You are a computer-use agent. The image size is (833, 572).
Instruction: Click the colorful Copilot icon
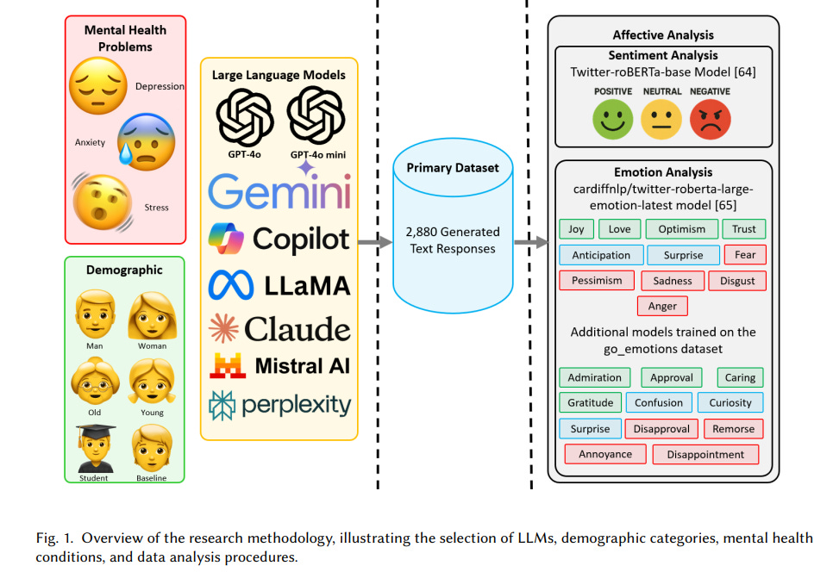click(x=227, y=237)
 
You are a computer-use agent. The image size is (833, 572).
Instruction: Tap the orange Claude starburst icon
click(x=224, y=329)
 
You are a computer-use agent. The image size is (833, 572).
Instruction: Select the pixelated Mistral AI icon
click(x=228, y=365)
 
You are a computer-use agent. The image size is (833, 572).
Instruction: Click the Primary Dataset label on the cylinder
click(x=452, y=168)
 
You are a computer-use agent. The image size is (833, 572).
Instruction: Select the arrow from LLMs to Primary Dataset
click(x=374, y=243)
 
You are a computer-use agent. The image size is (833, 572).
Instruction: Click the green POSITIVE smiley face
click(x=613, y=119)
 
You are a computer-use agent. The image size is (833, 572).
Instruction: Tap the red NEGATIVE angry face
click(x=709, y=119)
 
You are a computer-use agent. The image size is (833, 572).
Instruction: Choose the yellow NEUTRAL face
click(x=661, y=119)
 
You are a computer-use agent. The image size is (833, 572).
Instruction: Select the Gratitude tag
click(x=591, y=402)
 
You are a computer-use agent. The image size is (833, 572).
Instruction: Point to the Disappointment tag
click(x=705, y=454)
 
